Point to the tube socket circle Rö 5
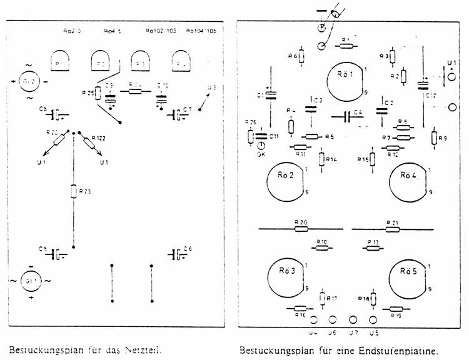(x=407, y=276)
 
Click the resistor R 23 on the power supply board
(x=74, y=190)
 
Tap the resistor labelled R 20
(x=302, y=229)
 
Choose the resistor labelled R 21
(x=393, y=229)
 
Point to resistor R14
(x=322, y=159)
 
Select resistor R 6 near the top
(x=301, y=57)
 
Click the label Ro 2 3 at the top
(x=73, y=30)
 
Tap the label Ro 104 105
(x=201, y=30)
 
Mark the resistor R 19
(x=396, y=308)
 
